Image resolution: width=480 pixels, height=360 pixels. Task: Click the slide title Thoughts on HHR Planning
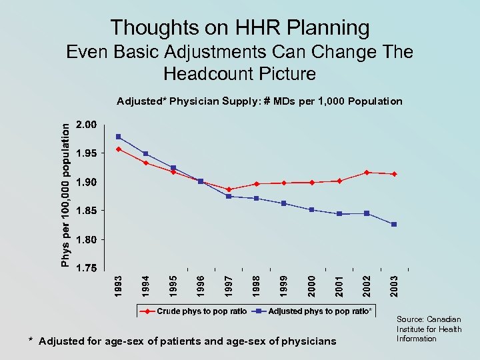(240, 27)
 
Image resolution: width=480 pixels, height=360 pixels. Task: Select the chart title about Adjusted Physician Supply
(259, 101)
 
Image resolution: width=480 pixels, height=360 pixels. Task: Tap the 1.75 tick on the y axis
(86, 268)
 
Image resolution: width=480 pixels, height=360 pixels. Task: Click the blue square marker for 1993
(118, 137)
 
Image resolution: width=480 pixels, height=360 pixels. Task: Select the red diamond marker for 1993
(118, 149)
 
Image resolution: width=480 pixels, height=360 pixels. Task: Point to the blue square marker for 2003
(394, 225)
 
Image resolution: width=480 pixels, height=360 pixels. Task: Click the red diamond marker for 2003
(394, 174)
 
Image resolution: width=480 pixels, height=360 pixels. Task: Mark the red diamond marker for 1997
(229, 189)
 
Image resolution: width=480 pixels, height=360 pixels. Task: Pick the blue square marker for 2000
(311, 210)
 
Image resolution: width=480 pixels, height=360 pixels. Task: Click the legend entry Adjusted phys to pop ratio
(319, 311)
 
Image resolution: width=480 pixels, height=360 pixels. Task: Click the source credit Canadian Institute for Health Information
(429, 329)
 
